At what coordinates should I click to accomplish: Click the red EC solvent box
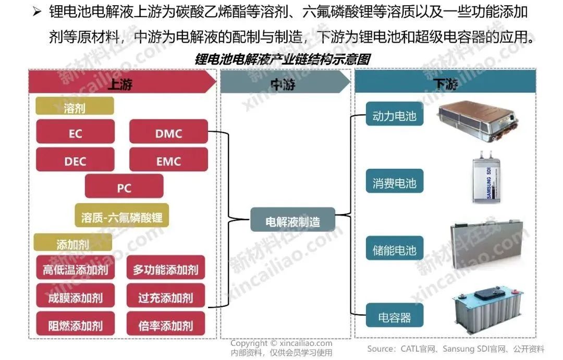click(75, 133)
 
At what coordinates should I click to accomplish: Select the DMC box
click(168, 133)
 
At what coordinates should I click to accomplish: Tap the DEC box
click(75, 160)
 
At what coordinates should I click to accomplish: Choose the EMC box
click(168, 160)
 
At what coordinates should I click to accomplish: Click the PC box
click(124, 187)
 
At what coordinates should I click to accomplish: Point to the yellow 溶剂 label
click(75, 108)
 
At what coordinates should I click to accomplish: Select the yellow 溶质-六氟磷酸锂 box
click(121, 216)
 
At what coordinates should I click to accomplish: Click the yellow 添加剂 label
click(72, 244)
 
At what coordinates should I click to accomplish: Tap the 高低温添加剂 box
click(75, 269)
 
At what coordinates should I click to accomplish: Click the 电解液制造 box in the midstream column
click(293, 221)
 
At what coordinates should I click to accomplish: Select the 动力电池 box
click(394, 116)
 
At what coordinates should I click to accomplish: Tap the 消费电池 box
click(394, 183)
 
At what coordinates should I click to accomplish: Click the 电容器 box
click(394, 317)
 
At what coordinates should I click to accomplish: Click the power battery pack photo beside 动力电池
click(480, 121)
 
